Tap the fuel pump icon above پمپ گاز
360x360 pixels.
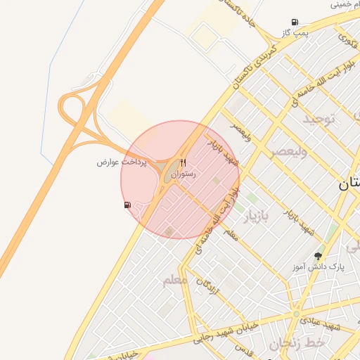294,22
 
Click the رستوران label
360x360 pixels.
184,173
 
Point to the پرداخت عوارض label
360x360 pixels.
122,162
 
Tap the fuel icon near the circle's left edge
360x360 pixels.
127,205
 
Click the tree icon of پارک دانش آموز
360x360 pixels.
318,257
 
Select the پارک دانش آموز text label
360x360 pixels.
319,268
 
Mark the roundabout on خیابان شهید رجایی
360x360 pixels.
297,314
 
